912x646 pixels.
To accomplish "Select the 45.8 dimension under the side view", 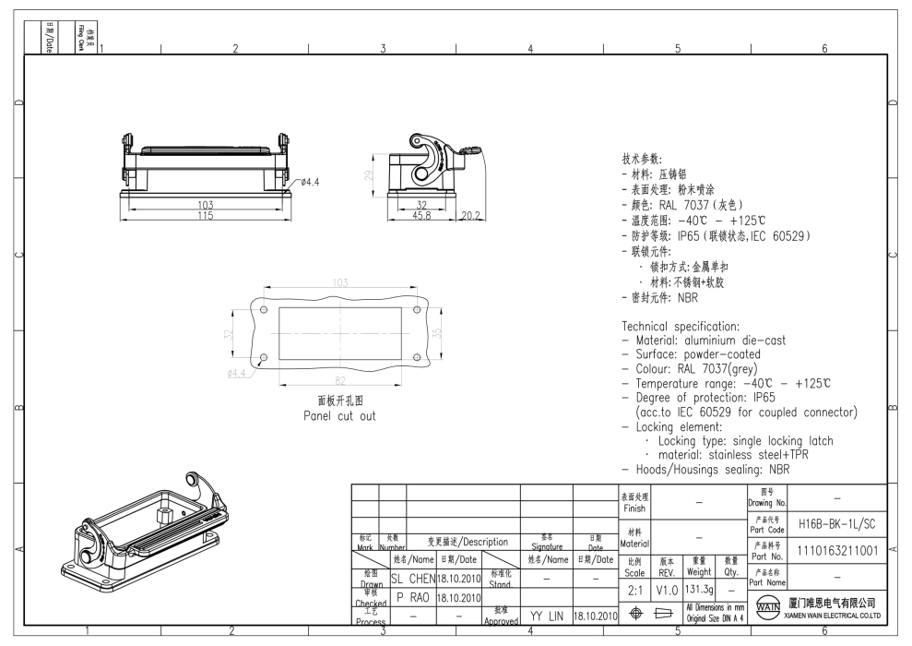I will click(422, 215).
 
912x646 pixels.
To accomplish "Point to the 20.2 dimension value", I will click(469, 215).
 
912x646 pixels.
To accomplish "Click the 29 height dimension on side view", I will click(368, 175).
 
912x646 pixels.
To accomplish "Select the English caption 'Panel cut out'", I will click(339, 415).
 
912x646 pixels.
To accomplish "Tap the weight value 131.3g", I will click(699, 587).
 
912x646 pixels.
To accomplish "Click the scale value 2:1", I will click(634, 587).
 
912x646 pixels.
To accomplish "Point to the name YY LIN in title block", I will click(546, 614).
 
